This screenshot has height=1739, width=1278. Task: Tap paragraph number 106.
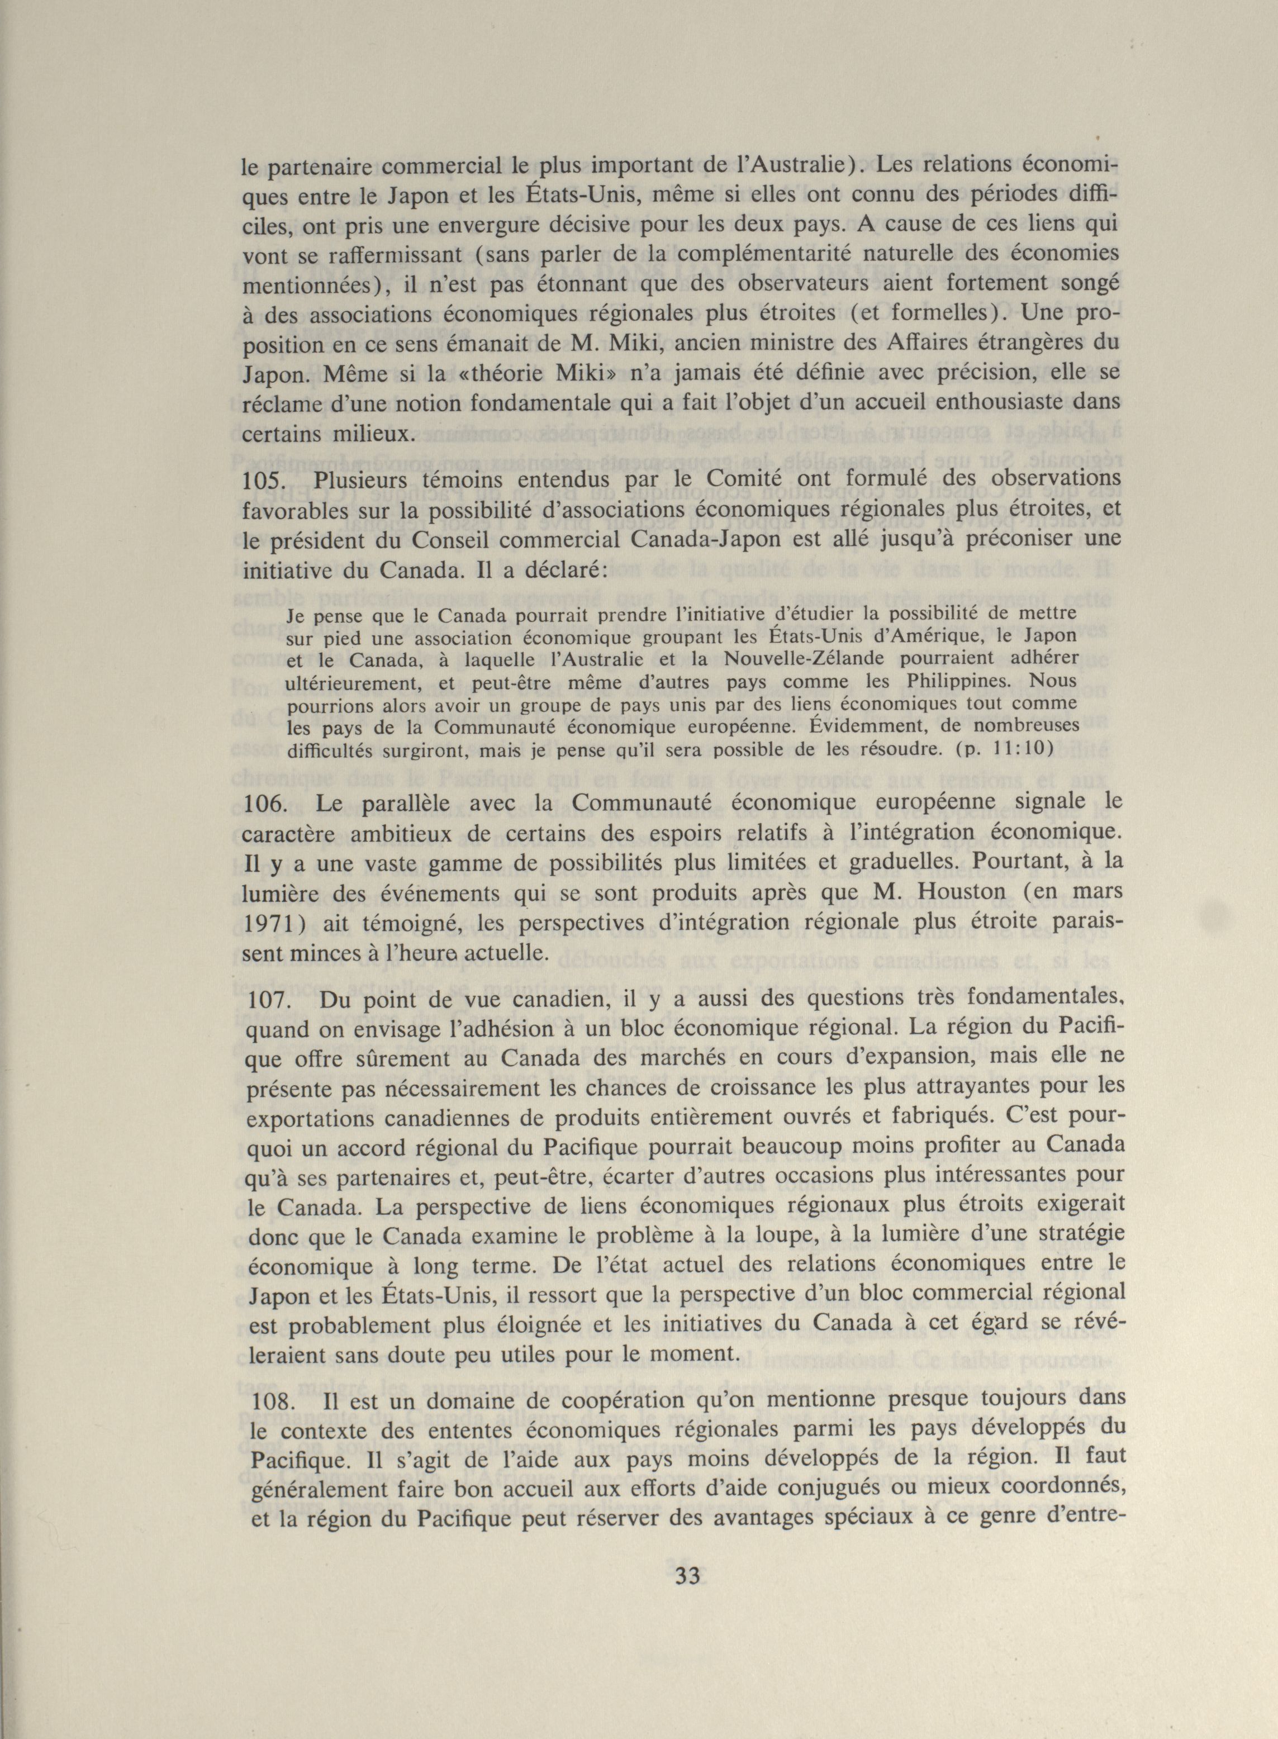click(265, 805)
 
